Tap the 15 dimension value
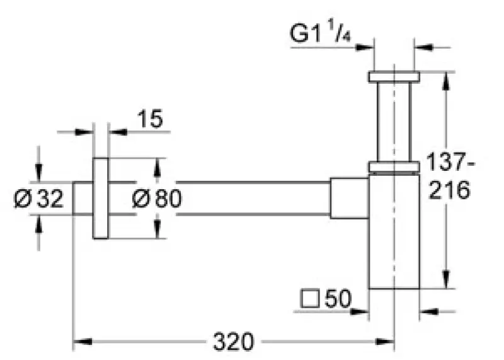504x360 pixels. [149, 118]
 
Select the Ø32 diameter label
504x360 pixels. [39, 199]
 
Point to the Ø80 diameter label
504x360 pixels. [157, 199]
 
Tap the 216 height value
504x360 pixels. [449, 190]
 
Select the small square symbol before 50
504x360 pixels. [309, 299]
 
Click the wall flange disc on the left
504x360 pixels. [100, 198]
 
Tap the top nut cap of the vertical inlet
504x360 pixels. [394, 76]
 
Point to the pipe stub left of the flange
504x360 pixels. [83, 198]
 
